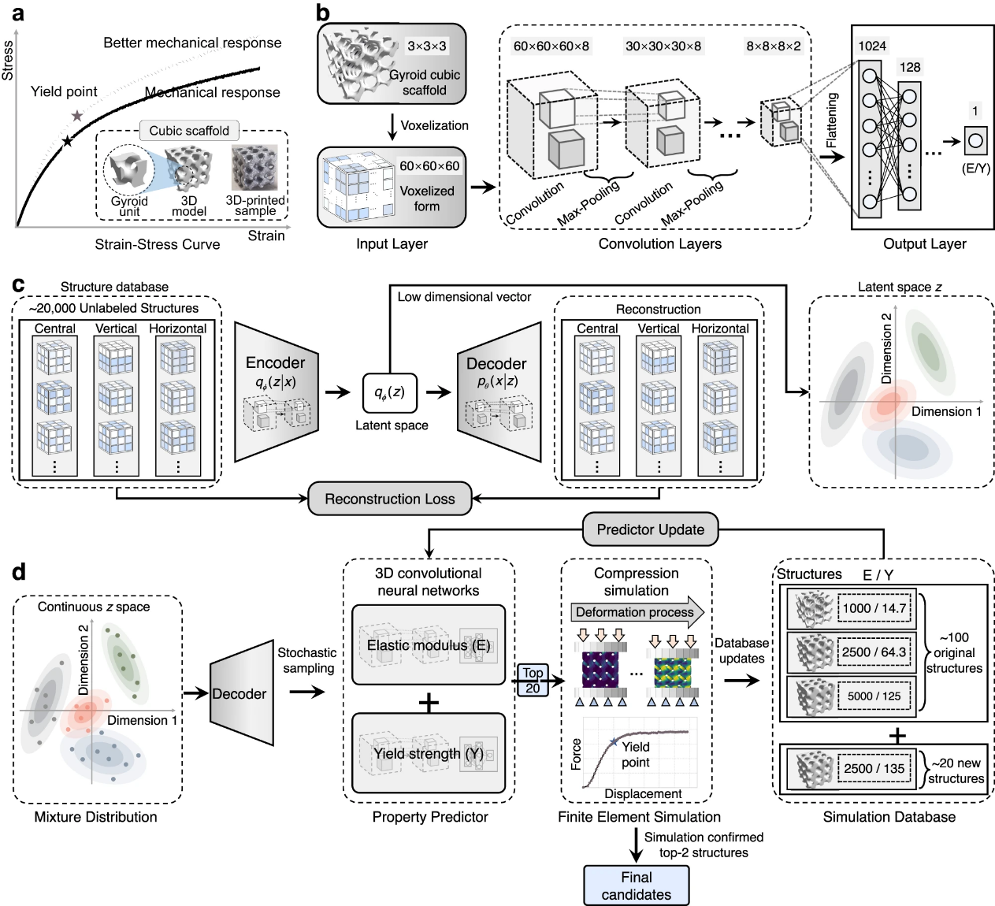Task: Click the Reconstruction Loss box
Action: pos(389,499)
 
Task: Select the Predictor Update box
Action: pos(650,529)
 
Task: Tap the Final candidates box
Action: pos(636,886)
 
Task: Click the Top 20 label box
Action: pos(533,680)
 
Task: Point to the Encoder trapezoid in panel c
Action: pos(276,392)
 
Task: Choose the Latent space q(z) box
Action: pos(389,392)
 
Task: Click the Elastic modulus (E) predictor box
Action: pos(429,645)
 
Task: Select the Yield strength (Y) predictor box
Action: pos(429,753)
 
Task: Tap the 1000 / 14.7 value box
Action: pos(874,608)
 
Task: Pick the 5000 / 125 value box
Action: pos(874,696)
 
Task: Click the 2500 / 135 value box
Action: pos(874,768)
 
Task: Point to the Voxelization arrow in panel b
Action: pos(392,126)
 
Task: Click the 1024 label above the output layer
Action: pos(872,46)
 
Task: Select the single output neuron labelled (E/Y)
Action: pos(976,142)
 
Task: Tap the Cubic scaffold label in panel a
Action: pos(189,131)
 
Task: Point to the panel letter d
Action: pos(19,571)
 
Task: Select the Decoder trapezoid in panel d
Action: pos(241,693)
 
